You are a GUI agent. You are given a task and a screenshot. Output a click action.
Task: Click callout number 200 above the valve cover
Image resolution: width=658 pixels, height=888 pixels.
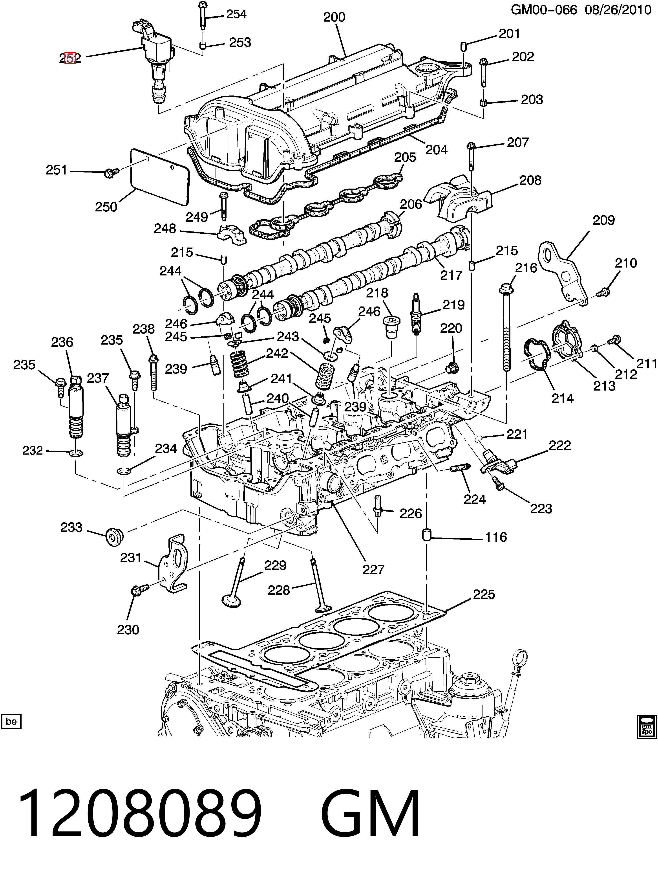pyautogui.click(x=334, y=17)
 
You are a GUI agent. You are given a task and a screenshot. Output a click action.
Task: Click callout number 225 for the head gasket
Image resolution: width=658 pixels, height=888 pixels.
pyautogui.click(x=484, y=594)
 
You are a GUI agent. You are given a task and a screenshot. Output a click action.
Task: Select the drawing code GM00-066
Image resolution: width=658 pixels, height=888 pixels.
pyautogui.click(x=544, y=9)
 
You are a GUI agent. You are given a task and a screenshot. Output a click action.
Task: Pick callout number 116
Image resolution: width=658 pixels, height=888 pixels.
pyautogui.click(x=496, y=537)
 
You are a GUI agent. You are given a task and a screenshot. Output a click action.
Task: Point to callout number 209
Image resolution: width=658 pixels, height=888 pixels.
pyautogui.click(x=603, y=220)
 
